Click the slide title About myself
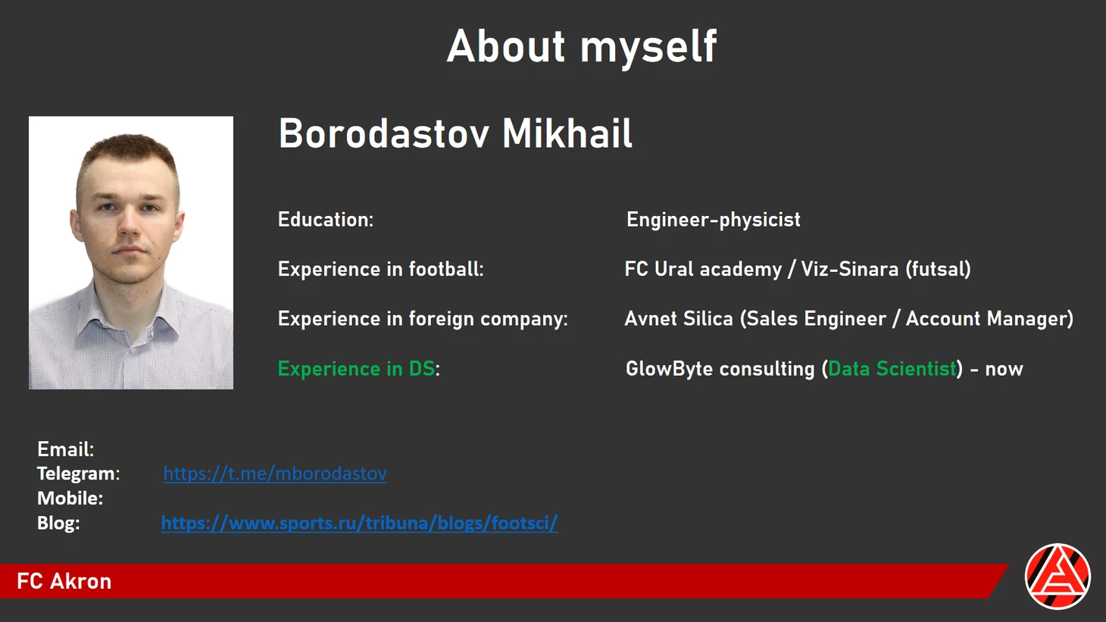pos(582,47)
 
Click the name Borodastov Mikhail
pos(455,133)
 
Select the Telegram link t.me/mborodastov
pos(275,474)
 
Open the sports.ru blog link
pos(359,523)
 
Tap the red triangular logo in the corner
pos(1058,576)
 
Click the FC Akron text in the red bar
pos(64,581)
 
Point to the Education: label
pos(326,220)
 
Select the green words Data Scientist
pos(892,369)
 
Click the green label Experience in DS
pos(357,369)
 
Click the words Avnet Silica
pos(679,319)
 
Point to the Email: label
pos(66,449)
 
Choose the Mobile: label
pos(70,498)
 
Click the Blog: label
pos(58,523)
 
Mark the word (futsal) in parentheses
pos(938,270)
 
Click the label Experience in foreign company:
pos(423,319)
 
